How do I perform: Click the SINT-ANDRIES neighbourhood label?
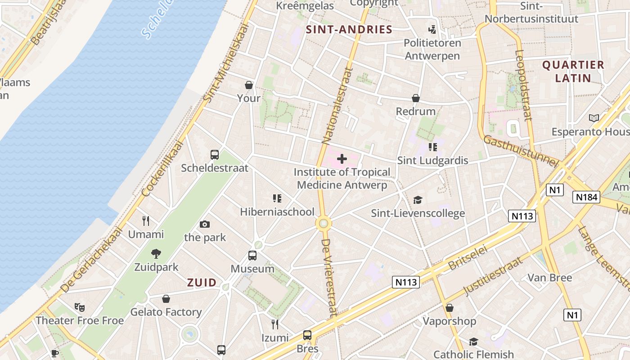click(x=349, y=30)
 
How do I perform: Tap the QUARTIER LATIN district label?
click(x=573, y=71)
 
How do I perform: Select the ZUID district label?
click(x=202, y=283)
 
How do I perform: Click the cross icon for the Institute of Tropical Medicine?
click(x=342, y=158)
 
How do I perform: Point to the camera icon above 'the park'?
click(x=205, y=224)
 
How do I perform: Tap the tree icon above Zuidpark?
click(x=156, y=254)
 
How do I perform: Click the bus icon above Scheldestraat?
click(x=215, y=155)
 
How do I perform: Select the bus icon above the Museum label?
click(x=252, y=256)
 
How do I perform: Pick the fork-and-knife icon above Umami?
click(x=146, y=221)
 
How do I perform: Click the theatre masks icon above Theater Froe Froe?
click(x=80, y=307)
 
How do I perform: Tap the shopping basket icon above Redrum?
click(x=416, y=98)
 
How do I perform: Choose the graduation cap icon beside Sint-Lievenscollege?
click(x=418, y=200)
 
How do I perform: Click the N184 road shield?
click(x=586, y=197)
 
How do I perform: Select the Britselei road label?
click(x=468, y=258)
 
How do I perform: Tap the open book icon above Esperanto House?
click(x=594, y=118)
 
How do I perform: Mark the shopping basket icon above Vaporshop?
click(x=449, y=308)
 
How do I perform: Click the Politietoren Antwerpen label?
click(x=432, y=49)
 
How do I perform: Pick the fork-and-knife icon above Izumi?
click(x=275, y=324)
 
